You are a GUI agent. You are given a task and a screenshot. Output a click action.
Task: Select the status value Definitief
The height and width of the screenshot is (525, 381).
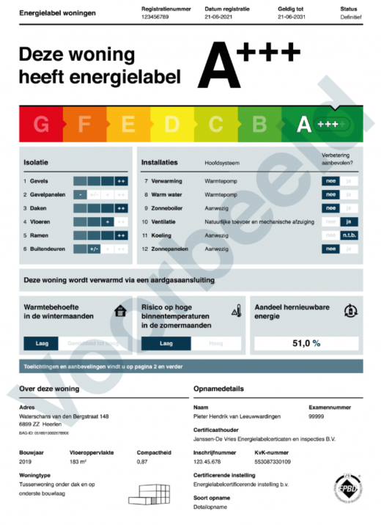click(x=349, y=15)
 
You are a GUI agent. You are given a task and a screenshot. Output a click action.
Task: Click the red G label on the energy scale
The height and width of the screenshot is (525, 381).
click(x=41, y=125)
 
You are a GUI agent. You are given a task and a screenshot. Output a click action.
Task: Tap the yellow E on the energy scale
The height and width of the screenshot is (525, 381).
click(x=128, y=125)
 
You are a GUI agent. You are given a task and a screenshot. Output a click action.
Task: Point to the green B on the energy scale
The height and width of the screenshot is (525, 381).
click(x=259, y=125)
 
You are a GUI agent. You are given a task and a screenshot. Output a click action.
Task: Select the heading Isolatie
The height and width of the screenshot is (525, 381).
click(x=37, y=163)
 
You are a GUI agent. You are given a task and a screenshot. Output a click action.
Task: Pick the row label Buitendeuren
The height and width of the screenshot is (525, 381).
click(x=45, y=249)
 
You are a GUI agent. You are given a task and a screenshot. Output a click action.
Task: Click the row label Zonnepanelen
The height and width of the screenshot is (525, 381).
click(x=169, y=249)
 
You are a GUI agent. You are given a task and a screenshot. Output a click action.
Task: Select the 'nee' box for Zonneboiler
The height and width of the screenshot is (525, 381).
click(x=331, y=208)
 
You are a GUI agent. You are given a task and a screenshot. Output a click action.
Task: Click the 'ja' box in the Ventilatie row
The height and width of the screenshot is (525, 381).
click(x=349, y=221)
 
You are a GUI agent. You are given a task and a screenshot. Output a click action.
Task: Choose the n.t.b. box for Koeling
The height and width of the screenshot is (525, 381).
click(x=349, y=235)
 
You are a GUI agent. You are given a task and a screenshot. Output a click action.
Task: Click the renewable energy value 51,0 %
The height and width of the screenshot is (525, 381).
click(x=306, y=342)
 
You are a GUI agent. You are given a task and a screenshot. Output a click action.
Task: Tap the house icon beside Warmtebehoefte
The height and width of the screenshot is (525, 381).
click(x=120, y=311)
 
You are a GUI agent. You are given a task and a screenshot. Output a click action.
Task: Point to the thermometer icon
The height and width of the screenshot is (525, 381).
click(x=235, y=311)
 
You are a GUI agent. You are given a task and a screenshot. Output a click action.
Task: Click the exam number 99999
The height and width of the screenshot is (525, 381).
click(x=317, y=416)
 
